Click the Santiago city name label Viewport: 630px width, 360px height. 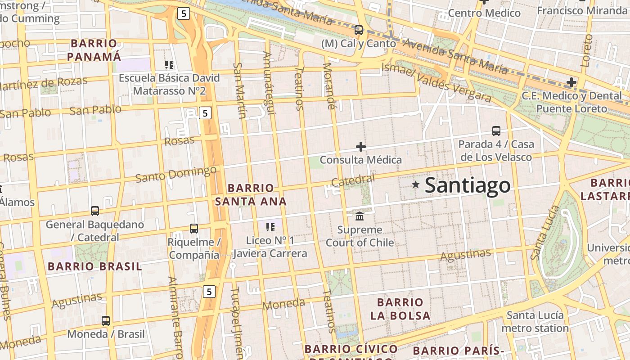(x=468, y=185)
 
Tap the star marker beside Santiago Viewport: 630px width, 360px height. (x=416, y=184)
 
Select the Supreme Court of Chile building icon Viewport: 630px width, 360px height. (x=360, y=216)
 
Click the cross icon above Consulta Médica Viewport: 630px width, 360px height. (x=360, y=147)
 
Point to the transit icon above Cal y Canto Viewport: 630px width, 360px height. (x=359, y=30)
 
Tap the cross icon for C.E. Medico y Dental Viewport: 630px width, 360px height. (x=571, y=82)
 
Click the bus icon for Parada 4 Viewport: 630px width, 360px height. (x=496, y=131)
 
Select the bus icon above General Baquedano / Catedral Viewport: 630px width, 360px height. (x=95, y=211)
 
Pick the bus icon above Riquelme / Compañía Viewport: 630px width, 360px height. (x=194, y=229)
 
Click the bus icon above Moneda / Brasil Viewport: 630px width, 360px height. (x=106, y=321)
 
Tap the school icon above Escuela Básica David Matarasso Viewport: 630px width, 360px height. (x=169, y=65)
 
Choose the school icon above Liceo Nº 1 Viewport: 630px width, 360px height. (x=270, y=227)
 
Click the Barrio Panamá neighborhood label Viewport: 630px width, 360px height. (x=94, y=50)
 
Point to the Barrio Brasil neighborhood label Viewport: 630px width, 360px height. (x=95, y=266)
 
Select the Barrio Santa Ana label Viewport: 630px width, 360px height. (x=251, y=194)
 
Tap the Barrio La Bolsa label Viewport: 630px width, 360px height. (x=400, y=309)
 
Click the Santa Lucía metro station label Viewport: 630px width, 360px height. (x=535, y=321)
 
